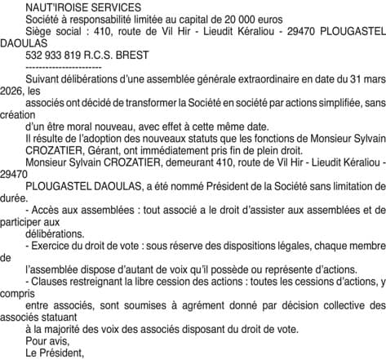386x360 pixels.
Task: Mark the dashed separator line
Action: pyautogui.click(x=64, y=69)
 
